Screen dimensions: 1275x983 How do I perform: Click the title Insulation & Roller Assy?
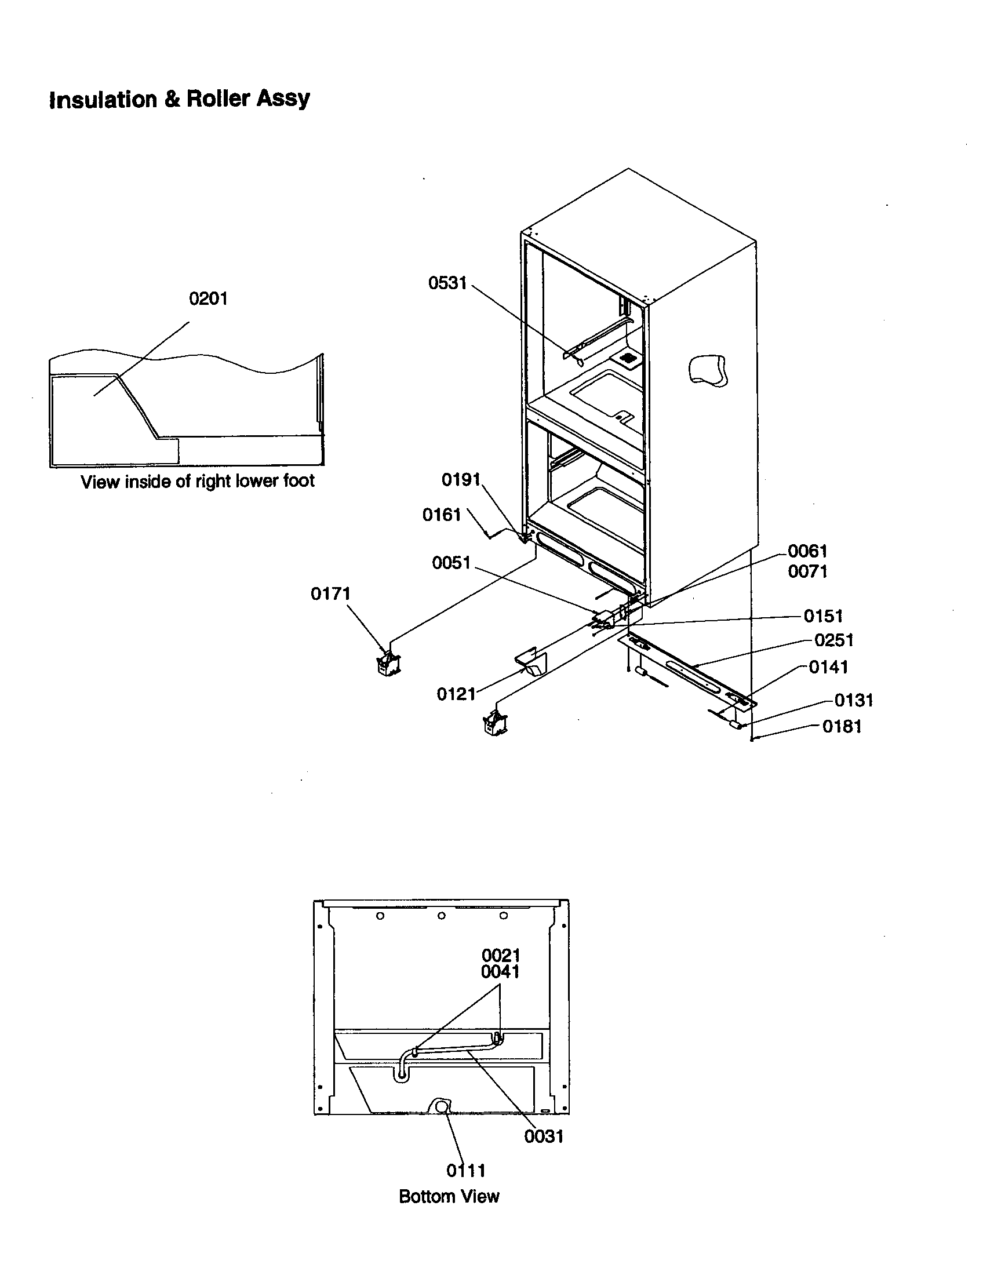(x=179, y=99)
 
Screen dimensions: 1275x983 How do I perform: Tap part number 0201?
(x=208, y=298)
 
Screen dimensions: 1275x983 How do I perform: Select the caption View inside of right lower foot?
(x=197, y=481)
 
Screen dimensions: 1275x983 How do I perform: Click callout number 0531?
(x=447, y=283)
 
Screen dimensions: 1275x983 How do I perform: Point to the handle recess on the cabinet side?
(x=708, y=370)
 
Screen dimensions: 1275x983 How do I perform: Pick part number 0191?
(x=461, y=479)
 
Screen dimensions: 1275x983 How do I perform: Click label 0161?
(x=441, y=514)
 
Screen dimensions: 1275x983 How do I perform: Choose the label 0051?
(x=451, y=562)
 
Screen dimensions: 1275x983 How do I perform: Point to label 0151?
(x=823, y=615)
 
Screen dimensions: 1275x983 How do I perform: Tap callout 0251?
(x=833, y=640)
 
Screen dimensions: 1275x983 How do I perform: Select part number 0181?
(x=842, y=726)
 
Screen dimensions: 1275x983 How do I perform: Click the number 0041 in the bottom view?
(x=500, y=971)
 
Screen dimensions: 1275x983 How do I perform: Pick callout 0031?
(x=544, y=1136)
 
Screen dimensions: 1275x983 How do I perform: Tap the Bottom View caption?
(x=449, y=1196)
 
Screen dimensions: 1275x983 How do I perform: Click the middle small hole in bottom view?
(x=441, y=915)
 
